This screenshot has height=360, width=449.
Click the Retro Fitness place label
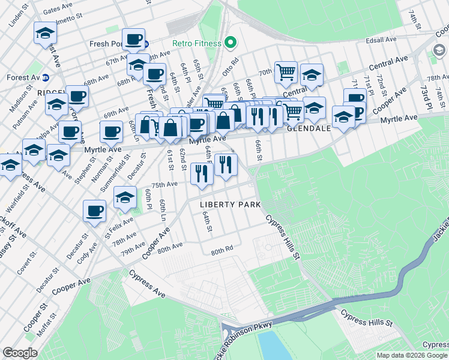(195, 43)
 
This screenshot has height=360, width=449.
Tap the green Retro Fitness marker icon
(229, 43)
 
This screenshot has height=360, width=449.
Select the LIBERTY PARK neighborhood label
(231, 205)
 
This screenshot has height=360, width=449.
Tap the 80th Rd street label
(221, 253)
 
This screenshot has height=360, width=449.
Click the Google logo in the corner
(20, 353)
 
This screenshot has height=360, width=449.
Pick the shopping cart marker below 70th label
(286, 73)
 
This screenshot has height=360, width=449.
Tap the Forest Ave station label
(23, 77)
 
